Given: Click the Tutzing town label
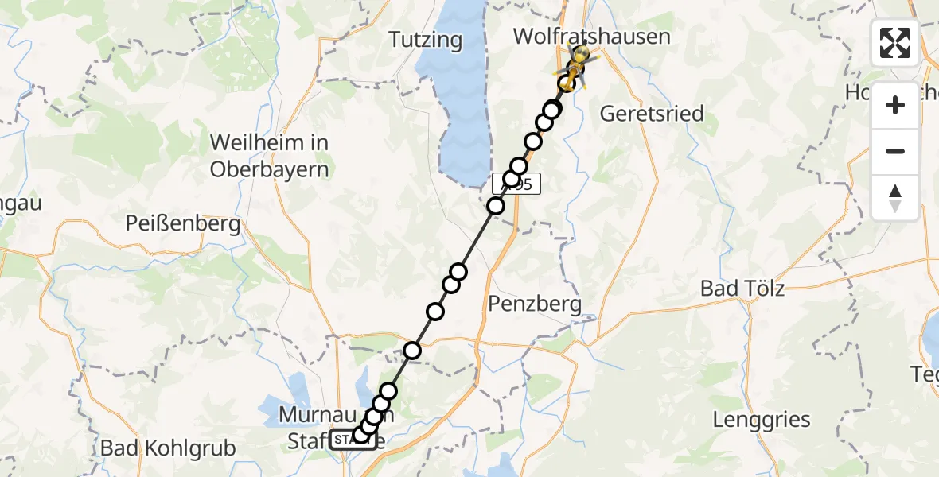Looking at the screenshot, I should point(426,39).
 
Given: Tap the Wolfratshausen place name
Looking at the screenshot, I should point(591,37).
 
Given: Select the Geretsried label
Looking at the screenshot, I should point(651,114).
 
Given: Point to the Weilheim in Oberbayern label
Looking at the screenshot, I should point(269,156).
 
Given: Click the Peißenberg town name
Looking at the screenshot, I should point(183,224).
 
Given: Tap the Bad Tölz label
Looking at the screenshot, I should point(742,288).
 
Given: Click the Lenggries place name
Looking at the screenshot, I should point(761,419).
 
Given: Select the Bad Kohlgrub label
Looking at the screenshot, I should point(168,448).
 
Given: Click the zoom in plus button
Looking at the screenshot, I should point(895,105).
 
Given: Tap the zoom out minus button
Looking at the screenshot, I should point(895,151).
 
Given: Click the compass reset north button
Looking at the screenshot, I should point(895,197).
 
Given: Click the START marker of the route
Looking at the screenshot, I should point(353,440).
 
